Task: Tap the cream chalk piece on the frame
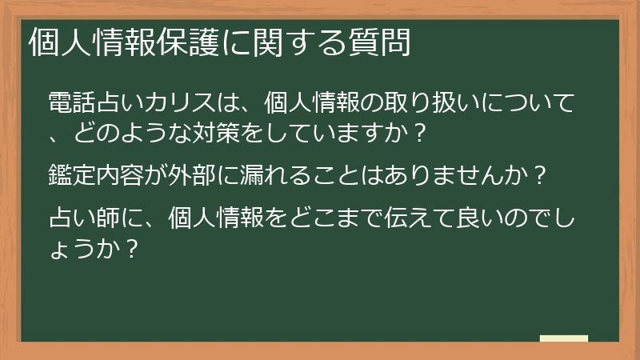point(564,338)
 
